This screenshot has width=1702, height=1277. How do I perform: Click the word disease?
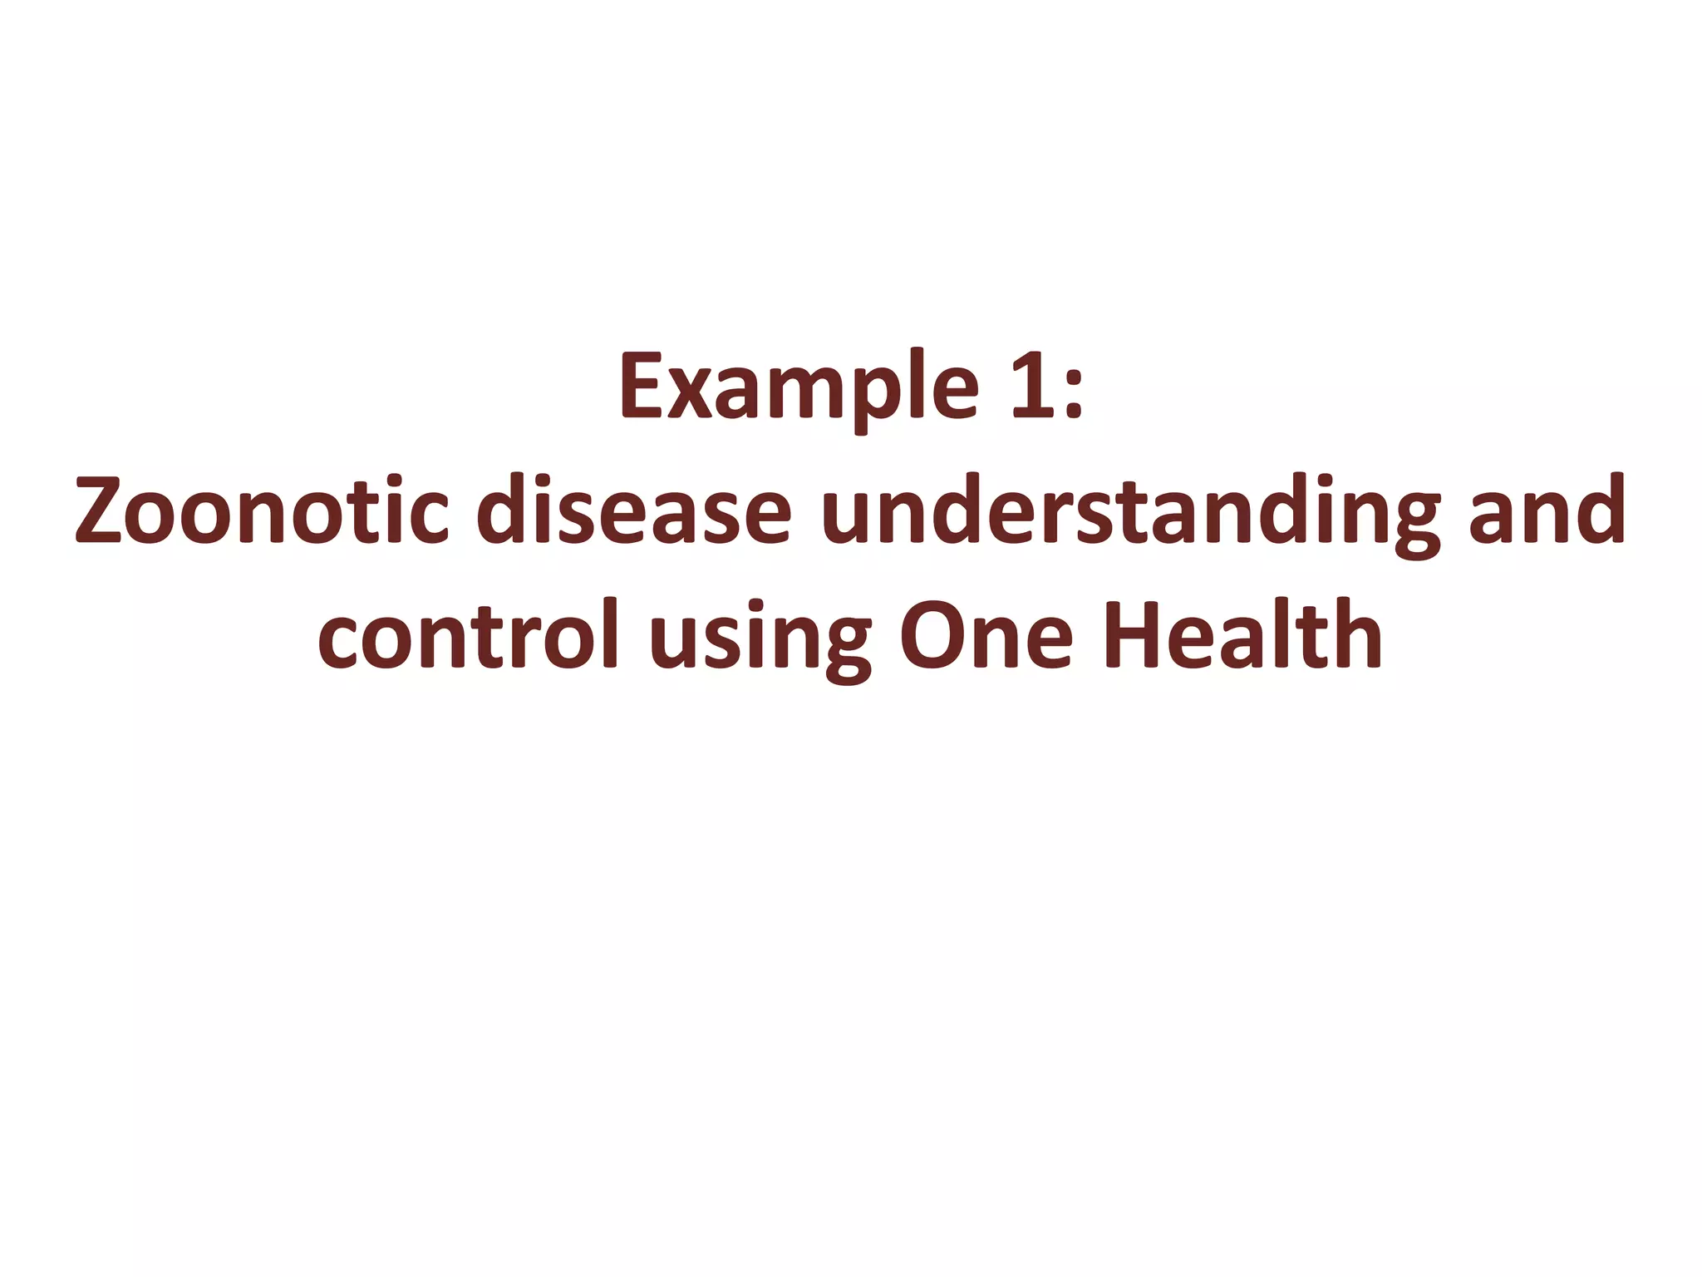(x=634, y=511)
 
